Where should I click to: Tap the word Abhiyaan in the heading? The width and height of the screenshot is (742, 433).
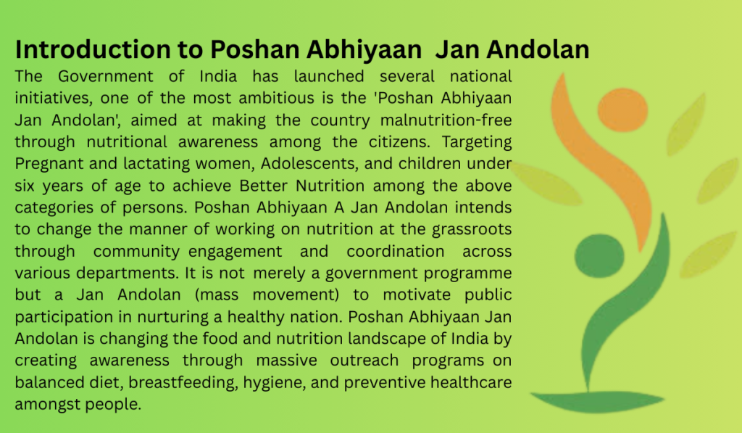pyautogui.click(x=377, y=49)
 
